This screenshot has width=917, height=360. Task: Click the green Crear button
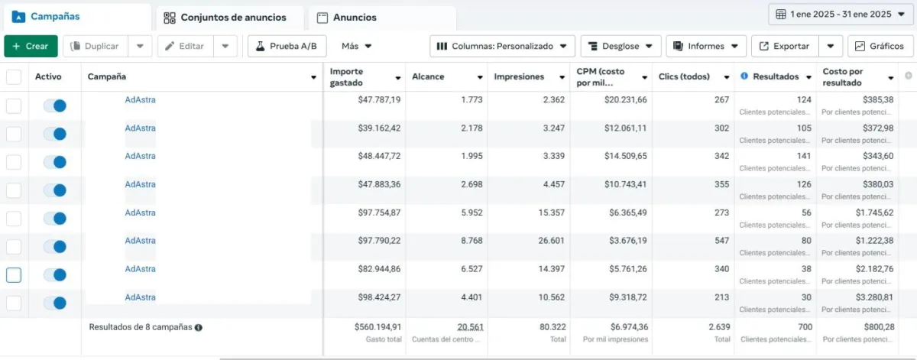[x=30, y=46]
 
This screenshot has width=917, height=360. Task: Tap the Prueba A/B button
[x=286, y=46]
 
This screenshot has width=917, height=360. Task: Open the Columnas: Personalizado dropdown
[x=502, y=46]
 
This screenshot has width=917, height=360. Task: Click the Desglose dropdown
[x=621, y=46]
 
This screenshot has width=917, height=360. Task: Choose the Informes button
[x=705, y=46]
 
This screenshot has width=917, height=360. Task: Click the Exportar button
[x=785, y=46]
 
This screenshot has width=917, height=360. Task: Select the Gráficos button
[x=880, y=46]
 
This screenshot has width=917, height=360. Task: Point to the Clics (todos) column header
[x=684, y=77]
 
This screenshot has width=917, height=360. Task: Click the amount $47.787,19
[x=379, y=100]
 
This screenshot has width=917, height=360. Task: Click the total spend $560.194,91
[x=377, y=327]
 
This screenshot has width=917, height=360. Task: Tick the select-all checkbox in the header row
[x=14, y=76]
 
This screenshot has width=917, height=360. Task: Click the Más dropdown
[x=357, y=46]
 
